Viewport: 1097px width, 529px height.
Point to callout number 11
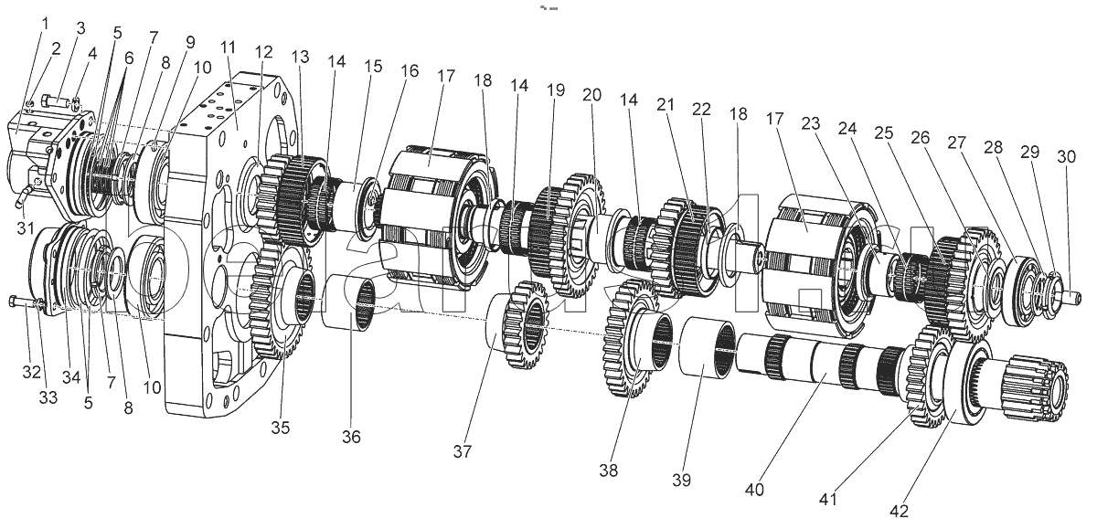tap(228, 47)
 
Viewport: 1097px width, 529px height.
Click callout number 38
tap(608, 471)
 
